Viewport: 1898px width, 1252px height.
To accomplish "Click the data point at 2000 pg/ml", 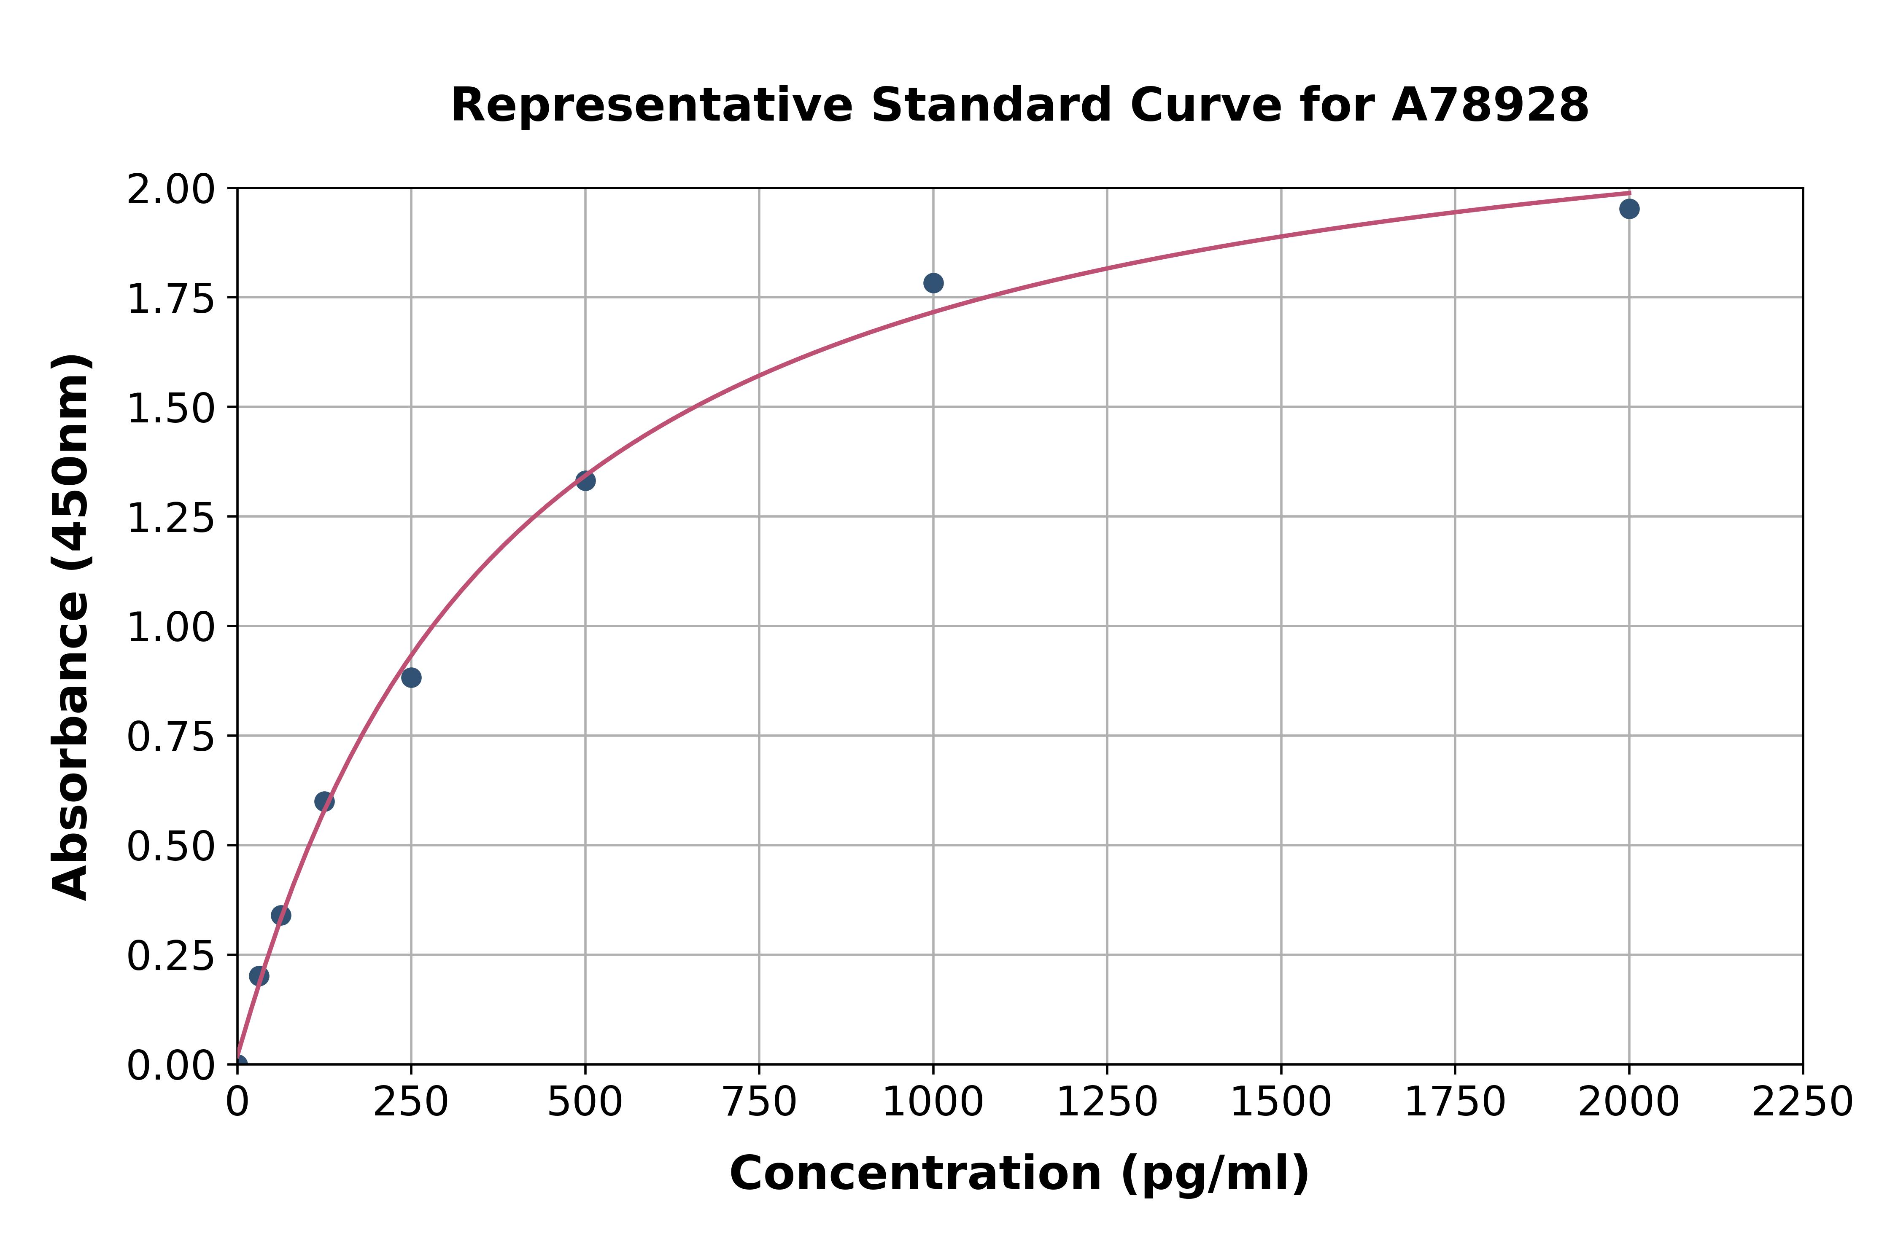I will point(1629,209).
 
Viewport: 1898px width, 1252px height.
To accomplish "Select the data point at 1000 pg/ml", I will point(933,283).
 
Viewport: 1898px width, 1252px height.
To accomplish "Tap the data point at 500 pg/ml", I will point(585,481).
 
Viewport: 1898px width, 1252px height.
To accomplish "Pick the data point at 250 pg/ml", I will point(411,678).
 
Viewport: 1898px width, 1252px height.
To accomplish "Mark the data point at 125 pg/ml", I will point(324,802).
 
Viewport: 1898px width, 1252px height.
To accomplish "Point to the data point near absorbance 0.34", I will point(281,915).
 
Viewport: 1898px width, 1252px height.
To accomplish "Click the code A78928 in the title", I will point(1490,105).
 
